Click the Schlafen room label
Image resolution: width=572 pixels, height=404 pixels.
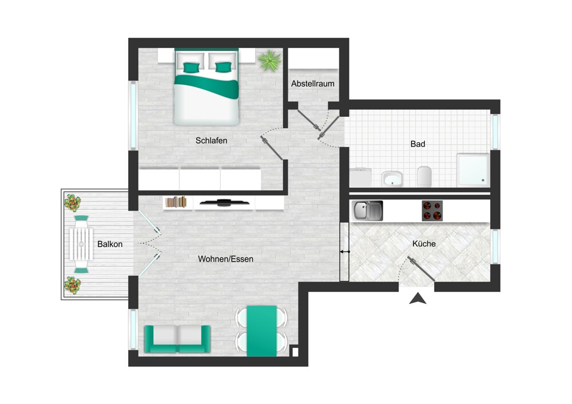(x=211, y=141)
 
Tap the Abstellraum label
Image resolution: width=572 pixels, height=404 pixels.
(x=313, y=84)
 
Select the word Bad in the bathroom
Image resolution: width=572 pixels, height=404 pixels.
(x=418, y=144)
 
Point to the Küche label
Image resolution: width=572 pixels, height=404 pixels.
(x=424, y=243)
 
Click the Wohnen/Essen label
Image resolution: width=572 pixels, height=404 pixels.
(x=225, y=259)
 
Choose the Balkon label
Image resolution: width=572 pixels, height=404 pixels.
(x=110, y=244)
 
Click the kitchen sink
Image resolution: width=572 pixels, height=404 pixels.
(x=367, y=211)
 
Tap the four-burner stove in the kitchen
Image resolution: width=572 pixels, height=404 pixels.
(x=432, y=211)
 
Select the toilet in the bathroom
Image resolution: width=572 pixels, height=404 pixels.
(x=424, y=176)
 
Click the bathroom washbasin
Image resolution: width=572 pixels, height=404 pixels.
(x=392, y=179)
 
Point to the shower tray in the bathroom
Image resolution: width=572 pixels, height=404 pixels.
(x=473, y=170)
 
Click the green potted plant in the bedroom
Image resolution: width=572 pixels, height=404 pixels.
(x=269, y=60)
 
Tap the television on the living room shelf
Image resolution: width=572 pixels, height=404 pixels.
(x=224, y=203)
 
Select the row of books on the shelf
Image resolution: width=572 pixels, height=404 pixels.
(x=176, y=202)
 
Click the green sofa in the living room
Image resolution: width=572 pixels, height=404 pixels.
(x=177, y=339)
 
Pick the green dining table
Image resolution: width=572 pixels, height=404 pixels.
(x=261, y=331)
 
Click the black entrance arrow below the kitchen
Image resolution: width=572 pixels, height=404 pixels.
(x=418, y=298)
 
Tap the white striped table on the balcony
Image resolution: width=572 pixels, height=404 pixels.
(x=81, y=244)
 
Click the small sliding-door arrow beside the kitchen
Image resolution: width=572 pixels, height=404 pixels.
(x=345, y=251)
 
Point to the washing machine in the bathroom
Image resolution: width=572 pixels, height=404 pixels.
(x=360, y=177)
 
